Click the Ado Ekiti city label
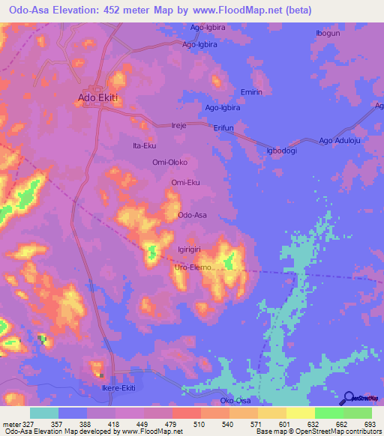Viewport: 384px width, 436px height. point(99,97)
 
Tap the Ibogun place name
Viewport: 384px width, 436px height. point(329,34)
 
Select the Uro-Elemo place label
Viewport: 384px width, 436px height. point(191,267)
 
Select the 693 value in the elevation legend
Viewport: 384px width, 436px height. point(369,425)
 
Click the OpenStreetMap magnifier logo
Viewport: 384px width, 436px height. point(350,398)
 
